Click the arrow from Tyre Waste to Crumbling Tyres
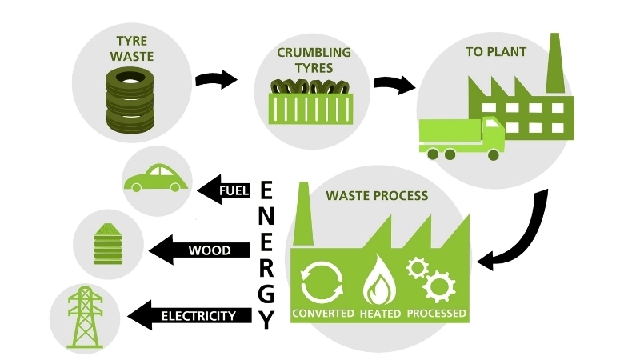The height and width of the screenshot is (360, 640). tap(217, 79)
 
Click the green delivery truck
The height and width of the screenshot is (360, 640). tap(462, 137)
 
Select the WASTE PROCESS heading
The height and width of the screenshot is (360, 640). tap(376, 196)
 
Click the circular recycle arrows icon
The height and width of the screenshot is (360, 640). tap(321, 279)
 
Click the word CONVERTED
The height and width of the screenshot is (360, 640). tap(323, 312)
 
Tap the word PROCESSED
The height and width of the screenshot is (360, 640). tap(436, 312)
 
